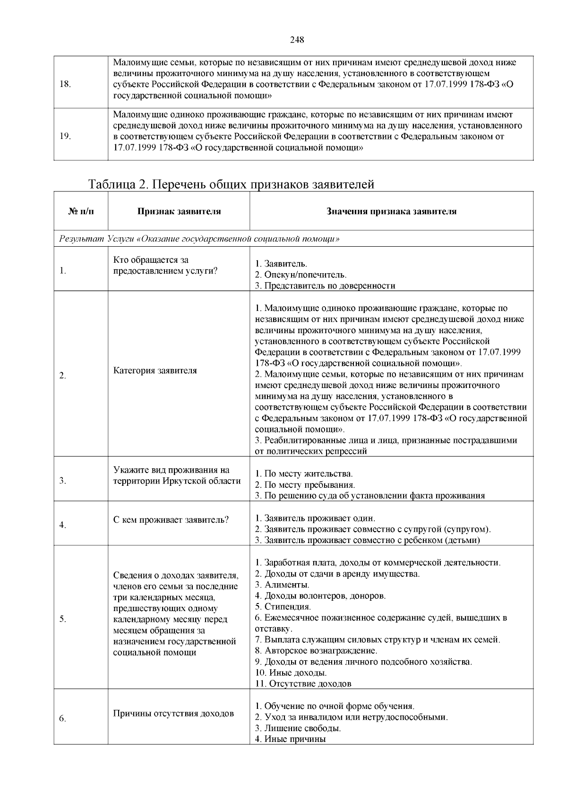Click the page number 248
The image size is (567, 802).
(296, 40)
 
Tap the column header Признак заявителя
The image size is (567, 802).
(179, 211)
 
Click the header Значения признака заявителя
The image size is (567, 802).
(391, 211)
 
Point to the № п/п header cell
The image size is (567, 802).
(81, 211)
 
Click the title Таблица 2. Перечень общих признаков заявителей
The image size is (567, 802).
(232, 184)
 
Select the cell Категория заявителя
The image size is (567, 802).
(155, 371)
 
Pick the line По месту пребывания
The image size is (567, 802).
(305, 484)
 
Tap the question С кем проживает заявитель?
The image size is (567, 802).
(171, 520)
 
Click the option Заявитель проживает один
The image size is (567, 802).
(315, 518)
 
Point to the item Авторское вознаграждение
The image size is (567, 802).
(316, 650)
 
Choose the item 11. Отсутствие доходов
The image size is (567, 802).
(303, 683)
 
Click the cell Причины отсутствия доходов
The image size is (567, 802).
(173, 713)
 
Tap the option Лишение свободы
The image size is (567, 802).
(298, 728)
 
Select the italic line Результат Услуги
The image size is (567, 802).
(199, 239)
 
